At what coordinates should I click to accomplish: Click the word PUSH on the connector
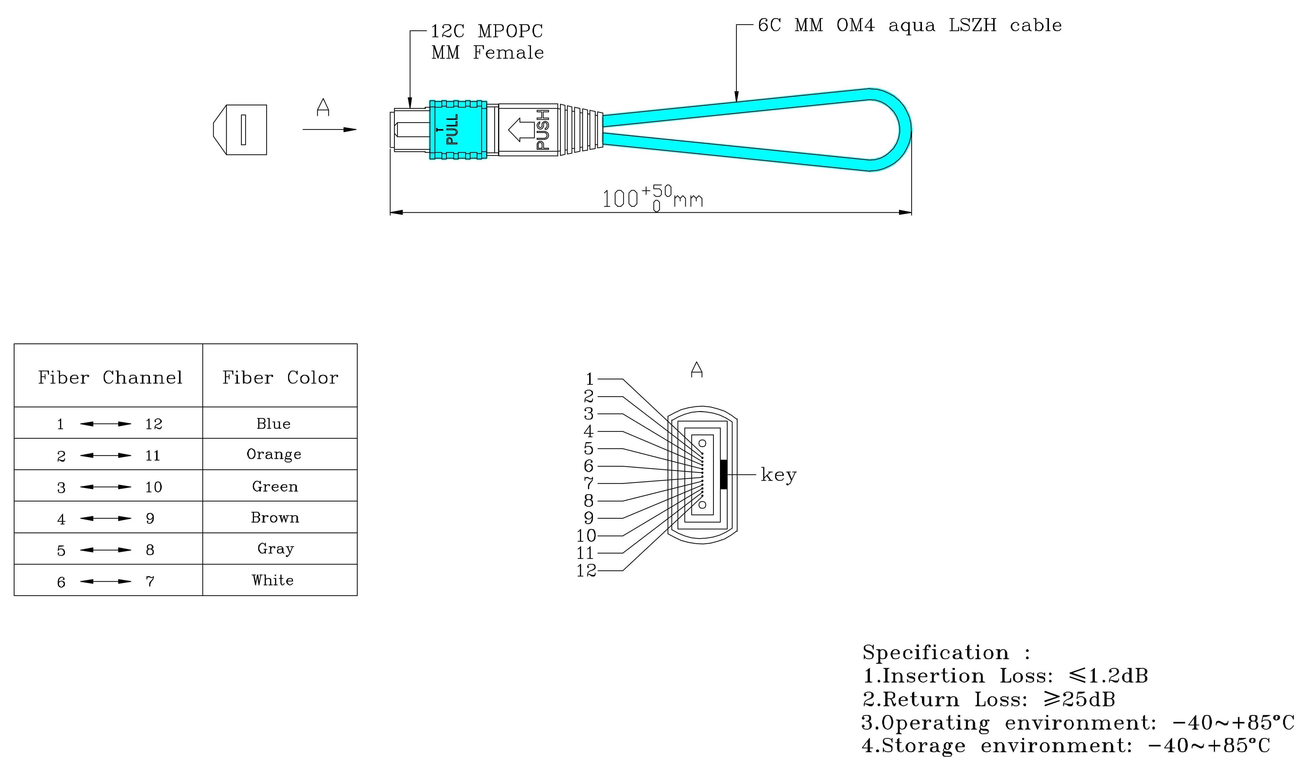coord(543,130)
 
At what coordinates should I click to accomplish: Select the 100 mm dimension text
coord(652,198)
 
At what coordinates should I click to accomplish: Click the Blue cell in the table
coord(273,423)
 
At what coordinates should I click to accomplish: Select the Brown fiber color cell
coord(275,517)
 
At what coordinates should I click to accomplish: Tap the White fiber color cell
coord(273,580)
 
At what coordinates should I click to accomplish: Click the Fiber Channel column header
coord(110,377)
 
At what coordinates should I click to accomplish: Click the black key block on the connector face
coord(724,474)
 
